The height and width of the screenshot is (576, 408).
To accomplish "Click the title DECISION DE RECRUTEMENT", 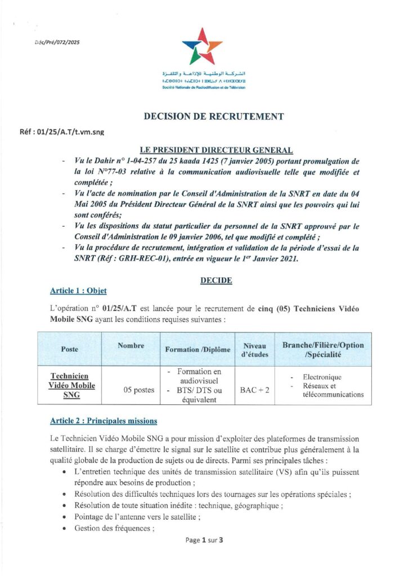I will pyautogui.click(x=214, y=117).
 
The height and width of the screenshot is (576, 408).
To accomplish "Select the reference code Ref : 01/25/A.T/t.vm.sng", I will pyautogui.click(x=62, y=133).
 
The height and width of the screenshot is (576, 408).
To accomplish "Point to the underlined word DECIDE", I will pyautogui.click(x=217, y=280).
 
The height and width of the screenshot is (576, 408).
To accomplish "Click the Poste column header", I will pyautogui.click(x=70, y=349).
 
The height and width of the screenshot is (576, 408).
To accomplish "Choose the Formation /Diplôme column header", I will pyautogui.click(x=198, y=349).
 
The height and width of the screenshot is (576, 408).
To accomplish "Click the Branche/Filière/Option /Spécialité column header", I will pyautogui.click(x=323, y=349).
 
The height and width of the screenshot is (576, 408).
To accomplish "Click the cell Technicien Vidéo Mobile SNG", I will pyautogui.click(x=70, y=385).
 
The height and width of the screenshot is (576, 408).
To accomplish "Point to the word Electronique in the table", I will pyautogui.click(x=322, y=377).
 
